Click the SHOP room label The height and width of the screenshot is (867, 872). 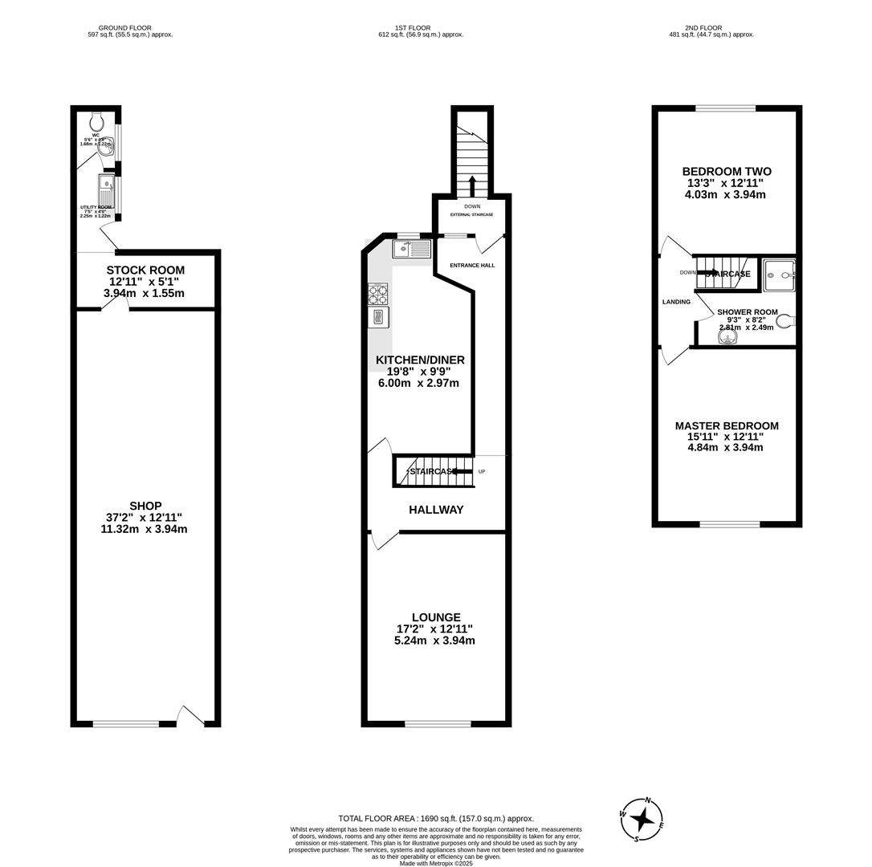145,506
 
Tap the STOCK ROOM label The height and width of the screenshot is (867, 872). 145,271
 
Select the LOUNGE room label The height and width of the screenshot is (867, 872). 436,617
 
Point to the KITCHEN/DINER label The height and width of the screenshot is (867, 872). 420,360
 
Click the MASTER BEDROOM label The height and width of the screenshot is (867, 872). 727,426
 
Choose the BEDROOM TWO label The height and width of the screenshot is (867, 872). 727,172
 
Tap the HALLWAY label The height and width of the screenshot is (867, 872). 436,510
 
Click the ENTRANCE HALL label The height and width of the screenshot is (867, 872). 472,265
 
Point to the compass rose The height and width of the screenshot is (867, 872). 642,820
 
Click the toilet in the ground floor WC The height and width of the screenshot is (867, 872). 97,122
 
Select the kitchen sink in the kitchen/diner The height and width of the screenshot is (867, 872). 412,249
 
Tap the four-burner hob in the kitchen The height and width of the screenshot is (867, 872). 377,294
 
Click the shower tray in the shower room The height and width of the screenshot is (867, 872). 778,275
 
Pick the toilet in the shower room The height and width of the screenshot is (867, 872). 784,321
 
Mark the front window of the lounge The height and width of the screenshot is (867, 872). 438,724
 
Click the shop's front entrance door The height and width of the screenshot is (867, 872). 190,717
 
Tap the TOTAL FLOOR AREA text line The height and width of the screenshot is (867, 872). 436,819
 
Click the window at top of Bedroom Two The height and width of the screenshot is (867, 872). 725,108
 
